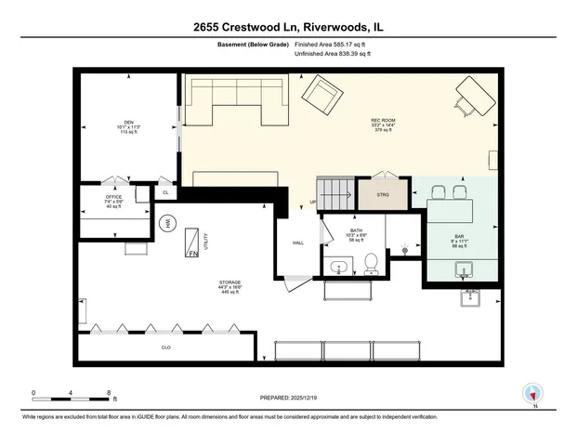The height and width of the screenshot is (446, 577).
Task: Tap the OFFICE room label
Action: point(113,197)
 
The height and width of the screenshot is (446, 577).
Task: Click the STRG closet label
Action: point(382,195)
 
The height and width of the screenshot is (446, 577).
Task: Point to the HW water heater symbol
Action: point(168,223)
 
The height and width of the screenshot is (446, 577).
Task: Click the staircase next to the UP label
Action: point(336,193)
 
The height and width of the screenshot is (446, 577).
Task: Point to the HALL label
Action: point(298,243)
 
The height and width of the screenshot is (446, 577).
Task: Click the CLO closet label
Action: point(165,348)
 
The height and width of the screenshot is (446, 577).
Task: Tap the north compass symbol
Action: point(532,394)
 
